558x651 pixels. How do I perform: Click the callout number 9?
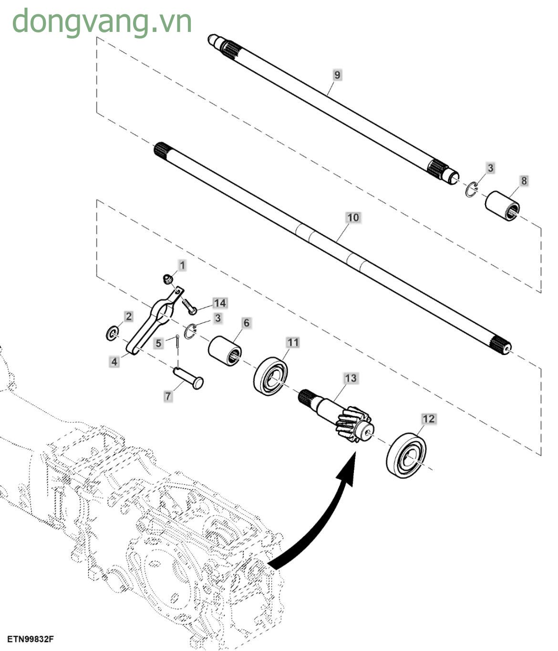click(337, 75)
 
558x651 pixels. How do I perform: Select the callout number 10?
click(353, 218)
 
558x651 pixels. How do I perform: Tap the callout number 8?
click(524, 181)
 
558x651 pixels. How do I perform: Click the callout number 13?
click(351, 378)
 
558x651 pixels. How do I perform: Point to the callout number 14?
click(219, 303)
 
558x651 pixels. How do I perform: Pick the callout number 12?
click(428, 418)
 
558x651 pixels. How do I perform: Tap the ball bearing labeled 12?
click(406, 455)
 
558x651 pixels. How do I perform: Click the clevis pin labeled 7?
click(188, 376)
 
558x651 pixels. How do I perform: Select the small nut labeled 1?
click(167, 279)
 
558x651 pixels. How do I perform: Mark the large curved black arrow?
click(324, 515)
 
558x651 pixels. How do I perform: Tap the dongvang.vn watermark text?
click(102, 21)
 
